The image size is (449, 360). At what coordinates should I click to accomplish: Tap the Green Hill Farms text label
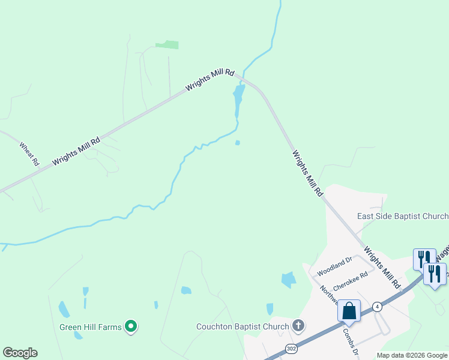pyautogui.click(x=90, y=327)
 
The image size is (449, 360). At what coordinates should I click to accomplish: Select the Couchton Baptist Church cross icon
pyautogui.click(x=298, y=326)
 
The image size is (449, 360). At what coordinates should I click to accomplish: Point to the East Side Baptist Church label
pyautogui.click(x=402, y=216)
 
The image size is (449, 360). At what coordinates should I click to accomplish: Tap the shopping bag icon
pyautogui.click(x=349, y=311)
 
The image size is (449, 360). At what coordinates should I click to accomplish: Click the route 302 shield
pyautogui.click(x=291, y=348)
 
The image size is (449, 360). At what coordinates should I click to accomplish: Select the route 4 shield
pyautogui.click(x=377, y=306)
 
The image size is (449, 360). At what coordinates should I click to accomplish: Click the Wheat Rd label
pyautogui.click(x=29, y=154)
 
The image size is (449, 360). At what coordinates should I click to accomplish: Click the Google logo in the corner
pyautogui.click(x=20, y=353)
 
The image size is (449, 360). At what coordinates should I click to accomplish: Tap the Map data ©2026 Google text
pyautogui.click(x=412, y=355)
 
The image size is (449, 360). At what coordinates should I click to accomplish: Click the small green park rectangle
pyautogui.click(x=167, y=44)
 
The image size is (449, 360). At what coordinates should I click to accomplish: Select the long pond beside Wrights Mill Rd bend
pyautogui.click(x=238, y=99)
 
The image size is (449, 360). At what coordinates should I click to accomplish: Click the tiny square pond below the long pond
pyautogui.click(x=238, y=143)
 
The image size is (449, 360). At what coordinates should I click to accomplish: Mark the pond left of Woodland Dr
pyautogui.click(x=289, y=279)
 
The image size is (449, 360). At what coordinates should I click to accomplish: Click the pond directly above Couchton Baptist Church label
pyautogui.click(x=270, y=309)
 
